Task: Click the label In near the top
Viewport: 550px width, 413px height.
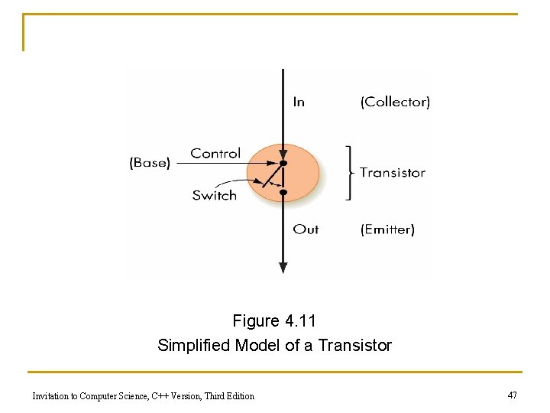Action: coord(299,102)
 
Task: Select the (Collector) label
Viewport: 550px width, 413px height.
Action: coord(395,102)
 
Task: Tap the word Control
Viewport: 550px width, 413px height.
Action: coord(215,154)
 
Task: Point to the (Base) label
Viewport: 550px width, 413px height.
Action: coord(150,162)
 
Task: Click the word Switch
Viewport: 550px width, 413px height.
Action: coord(215,195)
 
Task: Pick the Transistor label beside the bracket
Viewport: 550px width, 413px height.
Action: coord(393,173)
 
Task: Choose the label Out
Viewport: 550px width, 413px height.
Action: coord(306,229)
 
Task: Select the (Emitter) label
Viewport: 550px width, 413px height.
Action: coord(387,229)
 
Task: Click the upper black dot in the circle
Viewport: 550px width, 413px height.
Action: coord(283,164)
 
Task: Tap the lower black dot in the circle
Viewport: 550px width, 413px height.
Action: coord(283,193)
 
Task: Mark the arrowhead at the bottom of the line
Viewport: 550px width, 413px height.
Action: coord(283,267)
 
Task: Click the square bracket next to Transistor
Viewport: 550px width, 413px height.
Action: coord(348,173)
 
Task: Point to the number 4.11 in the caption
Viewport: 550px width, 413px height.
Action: coord(299,321)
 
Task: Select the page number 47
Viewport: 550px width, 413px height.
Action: coord(512,395)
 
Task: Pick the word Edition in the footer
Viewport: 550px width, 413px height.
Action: coord(239,396)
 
